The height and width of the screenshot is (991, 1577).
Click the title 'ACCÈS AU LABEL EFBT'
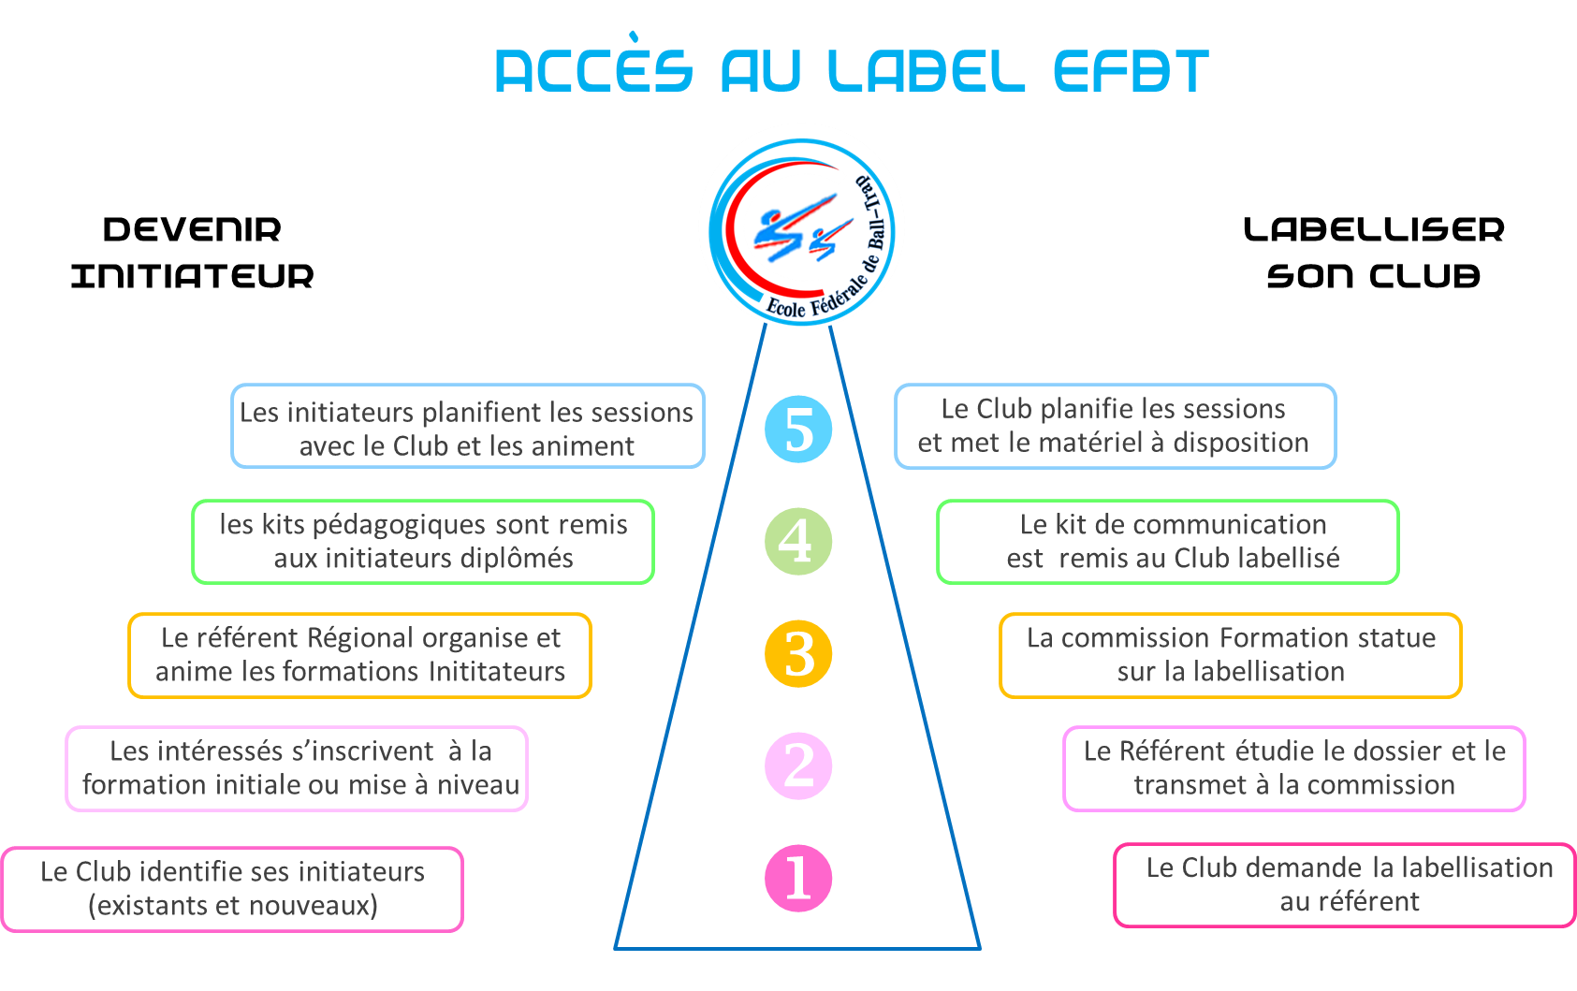pos(851,71)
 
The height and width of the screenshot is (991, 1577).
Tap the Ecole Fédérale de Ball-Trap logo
pos(801,226)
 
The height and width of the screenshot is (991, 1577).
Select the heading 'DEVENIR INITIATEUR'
pos(192,253)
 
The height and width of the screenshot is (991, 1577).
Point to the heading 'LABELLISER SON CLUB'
pos(1373,253)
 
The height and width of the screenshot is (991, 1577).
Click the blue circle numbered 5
pos(798,429)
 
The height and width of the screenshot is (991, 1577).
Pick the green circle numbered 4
pos(798,541)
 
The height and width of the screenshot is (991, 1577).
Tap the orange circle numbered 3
pos(798,653)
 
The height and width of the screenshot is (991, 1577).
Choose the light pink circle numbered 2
pos(798,765)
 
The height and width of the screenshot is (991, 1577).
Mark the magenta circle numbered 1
pos(798,878)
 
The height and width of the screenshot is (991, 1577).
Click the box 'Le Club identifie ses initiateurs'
pos(232,889)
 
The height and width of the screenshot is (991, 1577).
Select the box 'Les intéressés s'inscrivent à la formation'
pos(297,768)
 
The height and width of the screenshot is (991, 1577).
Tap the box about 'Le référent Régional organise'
pos(360,655)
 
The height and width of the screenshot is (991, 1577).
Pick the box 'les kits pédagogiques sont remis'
pos(423,542)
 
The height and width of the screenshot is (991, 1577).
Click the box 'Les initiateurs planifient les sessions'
pos(467,426)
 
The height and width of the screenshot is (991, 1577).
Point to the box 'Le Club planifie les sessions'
pos(1115,426)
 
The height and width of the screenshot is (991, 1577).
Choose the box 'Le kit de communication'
pos(1168,542)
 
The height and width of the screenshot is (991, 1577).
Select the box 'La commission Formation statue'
pos(1231,655)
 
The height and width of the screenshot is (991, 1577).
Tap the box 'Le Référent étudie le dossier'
pos(1294,768)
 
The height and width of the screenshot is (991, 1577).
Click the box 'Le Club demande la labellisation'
pos(1346,885)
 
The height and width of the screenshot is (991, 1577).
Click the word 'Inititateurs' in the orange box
pos(497,672)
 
